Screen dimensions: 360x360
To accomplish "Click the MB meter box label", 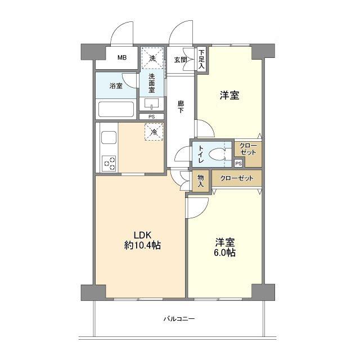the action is (x=122, y=57).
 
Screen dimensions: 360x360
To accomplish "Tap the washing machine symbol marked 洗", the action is (x=152, y=58).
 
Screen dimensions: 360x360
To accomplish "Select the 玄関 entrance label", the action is (x=180, y=60).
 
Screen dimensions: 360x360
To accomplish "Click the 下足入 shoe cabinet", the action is (x=201, y=59).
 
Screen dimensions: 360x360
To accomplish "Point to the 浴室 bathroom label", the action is (x=116, y=86).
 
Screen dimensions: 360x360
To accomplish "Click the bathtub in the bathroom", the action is (x=116, y=109).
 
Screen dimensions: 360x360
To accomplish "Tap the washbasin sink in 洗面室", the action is (x=151, y=103).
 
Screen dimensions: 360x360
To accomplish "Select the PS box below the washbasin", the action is (x=151, y=116).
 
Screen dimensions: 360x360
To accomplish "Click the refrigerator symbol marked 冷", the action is (x=154, y=132).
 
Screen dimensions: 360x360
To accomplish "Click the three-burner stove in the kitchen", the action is (x=109, y=163).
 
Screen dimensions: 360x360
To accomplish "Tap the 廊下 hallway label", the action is (x=181, y=107).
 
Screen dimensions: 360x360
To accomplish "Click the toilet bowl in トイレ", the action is (x=218, y=154).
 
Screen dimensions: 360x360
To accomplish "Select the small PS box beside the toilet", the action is (x=238, y=164).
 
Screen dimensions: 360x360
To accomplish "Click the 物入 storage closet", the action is (x=201, y=181).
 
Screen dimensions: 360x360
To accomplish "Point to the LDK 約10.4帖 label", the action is (x=142, y=240).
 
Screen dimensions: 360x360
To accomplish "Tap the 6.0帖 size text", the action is (x=225, y=253).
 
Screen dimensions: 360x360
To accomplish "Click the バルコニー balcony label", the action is (x=179, y=319).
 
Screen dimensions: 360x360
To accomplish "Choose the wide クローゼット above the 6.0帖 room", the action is (x=237, y=178).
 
